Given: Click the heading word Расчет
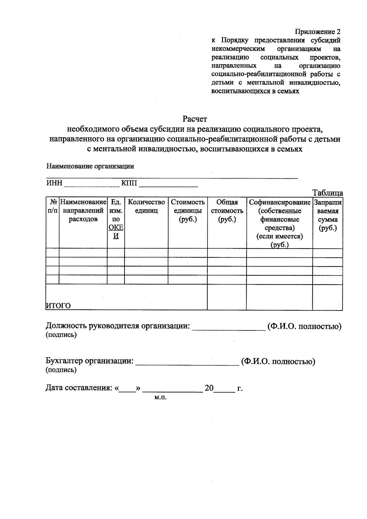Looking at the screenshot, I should click(195, 119).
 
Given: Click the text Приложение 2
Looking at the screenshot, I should click(317, 32).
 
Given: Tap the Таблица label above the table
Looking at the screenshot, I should click(327, 193).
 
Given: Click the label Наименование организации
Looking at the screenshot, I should click(90, 167).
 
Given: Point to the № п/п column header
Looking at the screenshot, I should click(52, 206).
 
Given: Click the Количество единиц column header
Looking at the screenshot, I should click(146, 206).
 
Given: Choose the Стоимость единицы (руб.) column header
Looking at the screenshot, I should click(187, 211).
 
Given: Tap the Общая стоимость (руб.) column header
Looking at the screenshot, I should click(227, 211).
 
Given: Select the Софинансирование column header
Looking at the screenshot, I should click(280, 202).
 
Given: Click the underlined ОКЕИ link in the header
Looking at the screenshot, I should click(116, 232).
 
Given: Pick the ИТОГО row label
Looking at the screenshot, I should click(58, 306).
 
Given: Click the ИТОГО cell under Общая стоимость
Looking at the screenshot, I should click(227, 297).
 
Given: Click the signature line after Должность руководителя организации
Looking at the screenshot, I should click(229, 329).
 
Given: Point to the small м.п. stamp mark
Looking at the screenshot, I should click(160, 398).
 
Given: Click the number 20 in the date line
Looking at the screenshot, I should click(209, 388).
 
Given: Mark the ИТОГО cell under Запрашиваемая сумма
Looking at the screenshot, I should click(328, 297).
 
